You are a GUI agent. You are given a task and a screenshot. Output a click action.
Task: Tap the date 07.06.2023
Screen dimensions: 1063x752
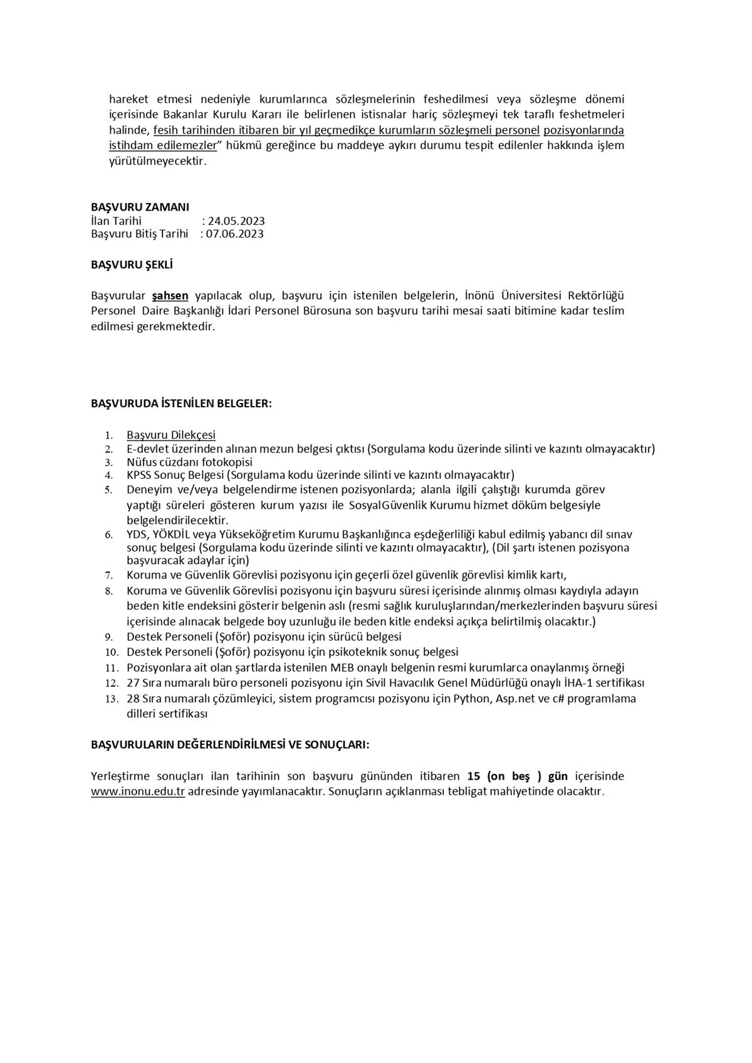(235, 234)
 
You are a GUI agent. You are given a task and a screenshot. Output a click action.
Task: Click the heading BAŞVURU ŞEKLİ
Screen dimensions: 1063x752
(132, 264)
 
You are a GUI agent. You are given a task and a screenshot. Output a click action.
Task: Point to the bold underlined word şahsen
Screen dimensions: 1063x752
(170, 295)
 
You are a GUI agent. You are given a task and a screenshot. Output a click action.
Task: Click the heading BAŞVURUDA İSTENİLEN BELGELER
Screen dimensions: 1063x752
(181, 403)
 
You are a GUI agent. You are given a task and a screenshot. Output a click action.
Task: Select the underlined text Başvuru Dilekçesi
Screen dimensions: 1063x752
(171, 435)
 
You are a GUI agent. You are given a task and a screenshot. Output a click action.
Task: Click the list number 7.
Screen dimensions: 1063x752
(108, 575)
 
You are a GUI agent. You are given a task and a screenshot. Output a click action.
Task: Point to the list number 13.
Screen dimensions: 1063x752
(112, 699)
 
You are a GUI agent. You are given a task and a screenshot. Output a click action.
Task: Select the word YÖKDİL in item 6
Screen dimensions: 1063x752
(172, 534)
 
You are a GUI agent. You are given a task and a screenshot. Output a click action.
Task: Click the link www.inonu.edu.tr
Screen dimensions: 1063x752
(138, 792)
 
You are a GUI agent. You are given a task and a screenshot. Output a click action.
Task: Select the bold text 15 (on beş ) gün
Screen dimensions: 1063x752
(513, 777)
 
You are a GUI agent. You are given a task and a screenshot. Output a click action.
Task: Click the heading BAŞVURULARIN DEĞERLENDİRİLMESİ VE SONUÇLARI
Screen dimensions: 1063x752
(230, 745)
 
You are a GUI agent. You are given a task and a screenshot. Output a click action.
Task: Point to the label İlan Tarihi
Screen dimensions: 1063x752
(116, 221)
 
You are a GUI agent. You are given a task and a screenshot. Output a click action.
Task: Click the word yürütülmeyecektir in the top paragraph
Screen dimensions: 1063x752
(157, 161)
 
